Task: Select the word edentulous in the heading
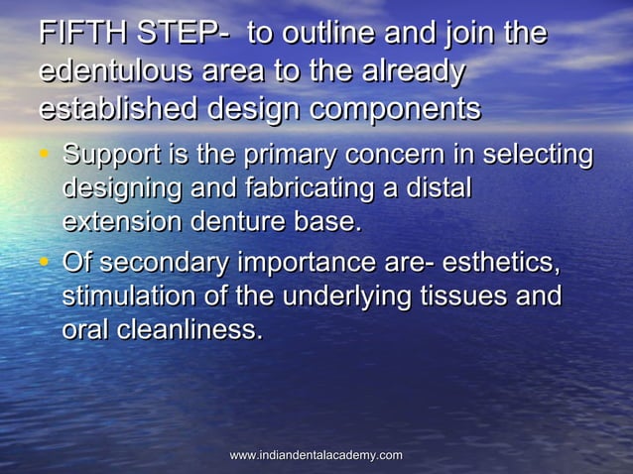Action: pyautogui.click(x=112, y=72)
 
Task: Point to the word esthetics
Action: pyautogui.click(x=501, y=265)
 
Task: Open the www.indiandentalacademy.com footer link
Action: pyautogui.click(x=316, y=455)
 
